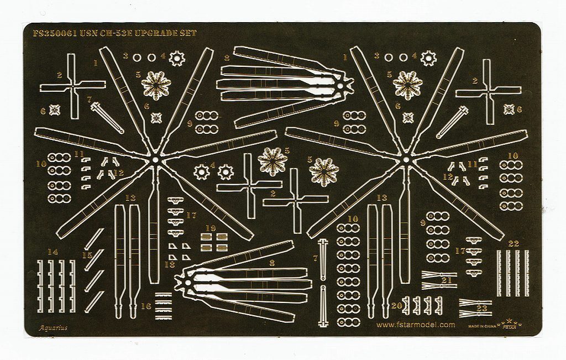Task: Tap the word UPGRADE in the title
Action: [x=151, y=33]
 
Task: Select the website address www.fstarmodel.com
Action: [x=416, y=325]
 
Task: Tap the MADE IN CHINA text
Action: [x=481, y=326]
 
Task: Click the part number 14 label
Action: [x=53, y=252]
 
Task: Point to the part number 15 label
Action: [x=86, y=255]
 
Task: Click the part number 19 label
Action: [x=211, y=227]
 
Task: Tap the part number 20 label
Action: [x=396, y=305]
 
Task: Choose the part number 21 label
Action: [x=447, y=280]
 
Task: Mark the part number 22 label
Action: [x=513, y=243]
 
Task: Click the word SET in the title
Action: [x=187, y=33]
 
